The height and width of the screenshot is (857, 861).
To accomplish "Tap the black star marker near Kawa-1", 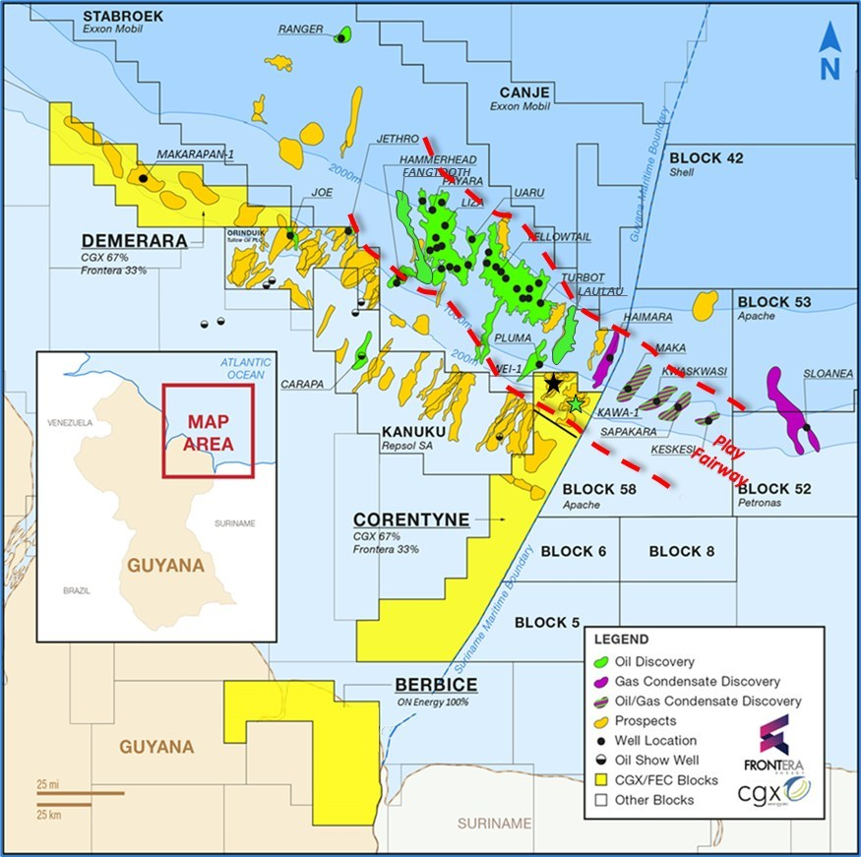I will coord(553,383).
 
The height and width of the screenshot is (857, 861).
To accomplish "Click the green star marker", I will coord(576,403).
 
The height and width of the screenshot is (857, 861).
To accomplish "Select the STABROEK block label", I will coord(123,17).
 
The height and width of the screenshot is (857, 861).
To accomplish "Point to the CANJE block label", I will coord(523,92).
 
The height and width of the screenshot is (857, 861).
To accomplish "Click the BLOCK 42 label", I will coord(706,158).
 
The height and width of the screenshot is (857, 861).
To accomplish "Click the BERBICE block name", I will coord(436,685).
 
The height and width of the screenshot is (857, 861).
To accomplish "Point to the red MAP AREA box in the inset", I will coord(208,431).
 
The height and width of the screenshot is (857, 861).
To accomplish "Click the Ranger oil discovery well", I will coord(340,37).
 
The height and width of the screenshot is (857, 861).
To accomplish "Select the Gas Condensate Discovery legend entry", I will coord(697,681).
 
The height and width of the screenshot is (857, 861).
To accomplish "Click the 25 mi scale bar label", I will coord(45,784).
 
